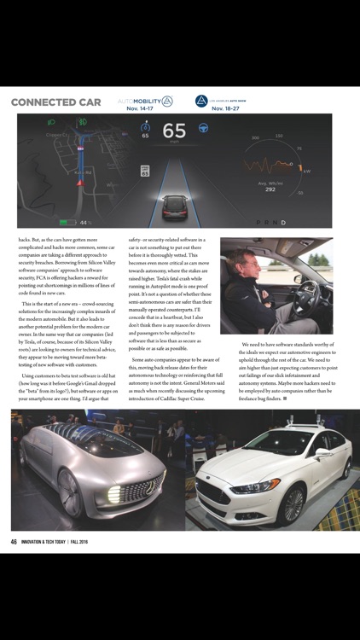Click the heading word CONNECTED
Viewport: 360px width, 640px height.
pyautogui.click(x=39, y=102)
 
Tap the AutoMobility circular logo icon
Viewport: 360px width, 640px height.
pyautogui.click(x=167, y=100)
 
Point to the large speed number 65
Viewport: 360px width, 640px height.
pyautogui.click(x=174, y=131)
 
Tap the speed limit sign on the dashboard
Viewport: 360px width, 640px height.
pyautogui.click(x=145, y=172)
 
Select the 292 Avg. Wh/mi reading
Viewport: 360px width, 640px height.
pyautogui.click(x=270, y=189)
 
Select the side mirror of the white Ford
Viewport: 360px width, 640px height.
pyautogui.click(x=322, y=454)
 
